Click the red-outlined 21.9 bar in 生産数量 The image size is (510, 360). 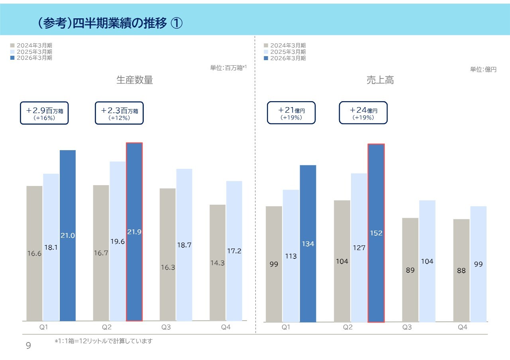tap(134, 232)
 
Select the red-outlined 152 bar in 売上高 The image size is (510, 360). tap(376, 233)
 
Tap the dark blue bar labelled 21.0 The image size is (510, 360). tap(68, 235)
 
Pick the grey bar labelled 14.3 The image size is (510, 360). tap(218, 263)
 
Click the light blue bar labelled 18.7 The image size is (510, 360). tap(184, 245)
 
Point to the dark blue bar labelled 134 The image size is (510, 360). tap(308, 243)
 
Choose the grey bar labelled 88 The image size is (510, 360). tap(461, 270)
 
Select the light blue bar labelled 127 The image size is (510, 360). tap(359, 247)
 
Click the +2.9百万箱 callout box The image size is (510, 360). tap(44, 113)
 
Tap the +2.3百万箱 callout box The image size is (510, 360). tap(119, 113)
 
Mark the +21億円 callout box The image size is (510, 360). tap(291, 113)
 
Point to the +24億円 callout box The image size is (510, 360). tap(363, 113)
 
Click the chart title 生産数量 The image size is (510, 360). tap(135, 80)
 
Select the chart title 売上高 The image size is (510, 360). tap(380, 80)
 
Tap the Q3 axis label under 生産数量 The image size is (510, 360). tap(166, 327)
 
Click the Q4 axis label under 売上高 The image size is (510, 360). tap(462, 327)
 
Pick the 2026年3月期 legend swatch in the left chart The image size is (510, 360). tap(12, 58)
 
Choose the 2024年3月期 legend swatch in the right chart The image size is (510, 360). tap(266, 46)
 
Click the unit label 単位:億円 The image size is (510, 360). tap(483, 69)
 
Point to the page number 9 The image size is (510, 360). tap(28, 346)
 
